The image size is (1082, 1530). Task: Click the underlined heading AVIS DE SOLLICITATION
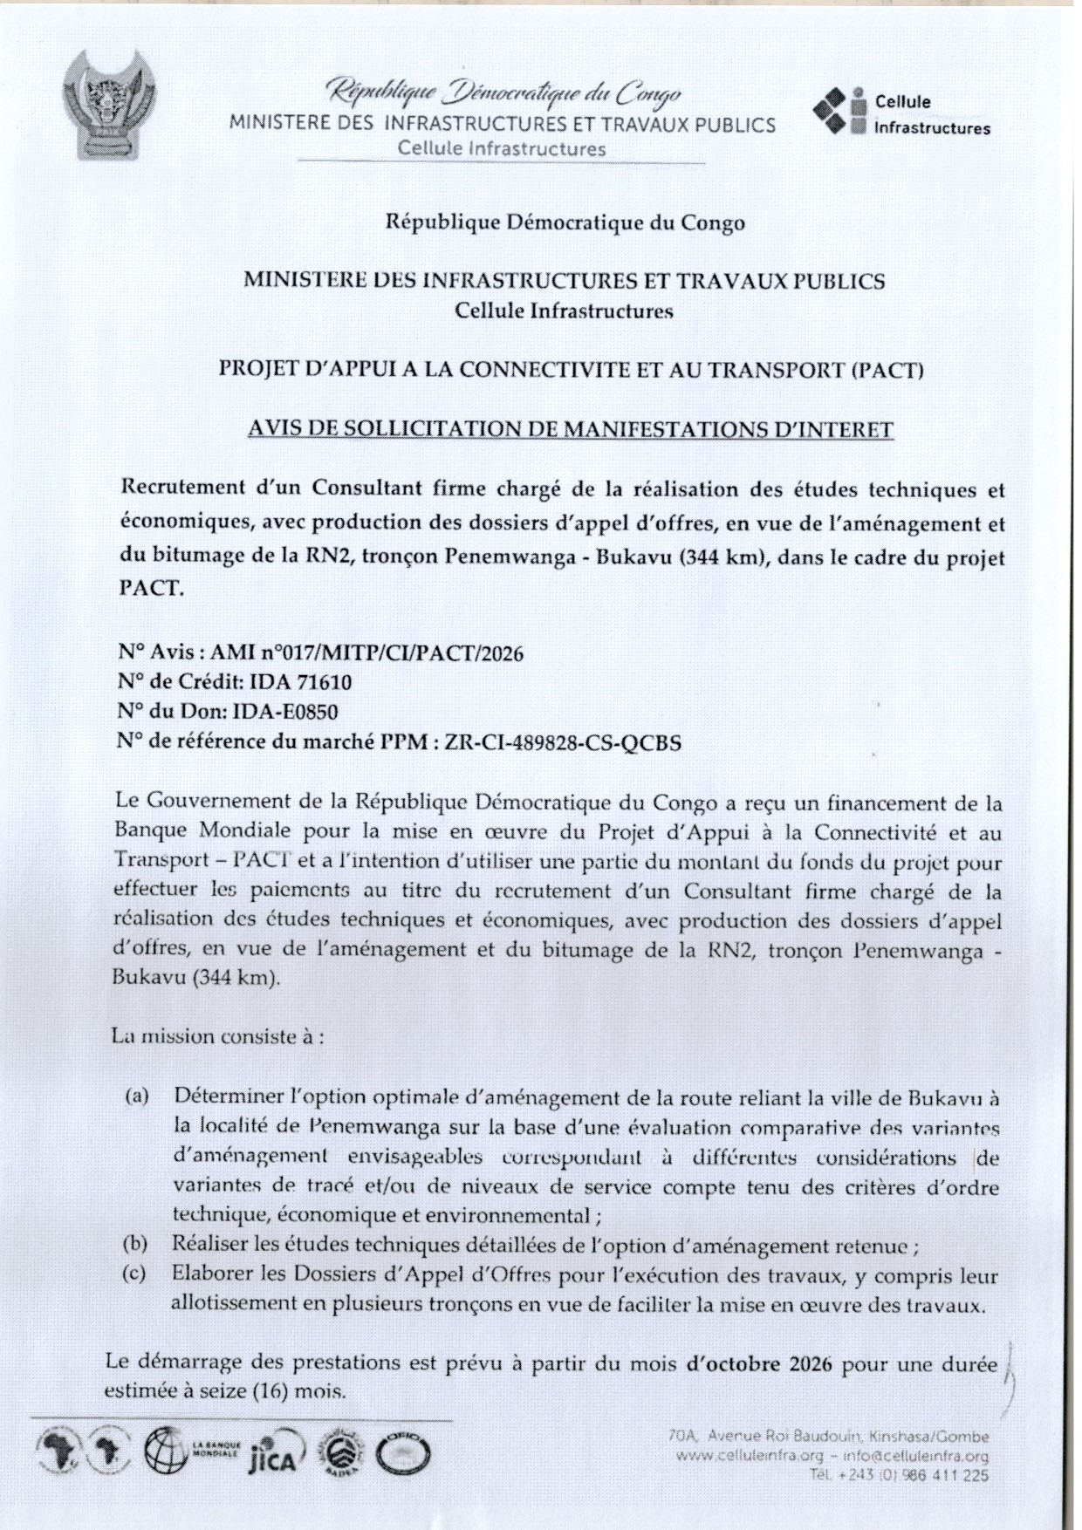(x=571, y=429)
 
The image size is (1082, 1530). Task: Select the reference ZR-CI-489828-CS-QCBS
(x=562, y=742)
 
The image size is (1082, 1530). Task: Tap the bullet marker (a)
(x=137, y=1095)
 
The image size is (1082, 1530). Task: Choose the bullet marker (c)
(x=134, y=1274)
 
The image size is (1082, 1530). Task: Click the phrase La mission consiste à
(x=217, y=1037)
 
